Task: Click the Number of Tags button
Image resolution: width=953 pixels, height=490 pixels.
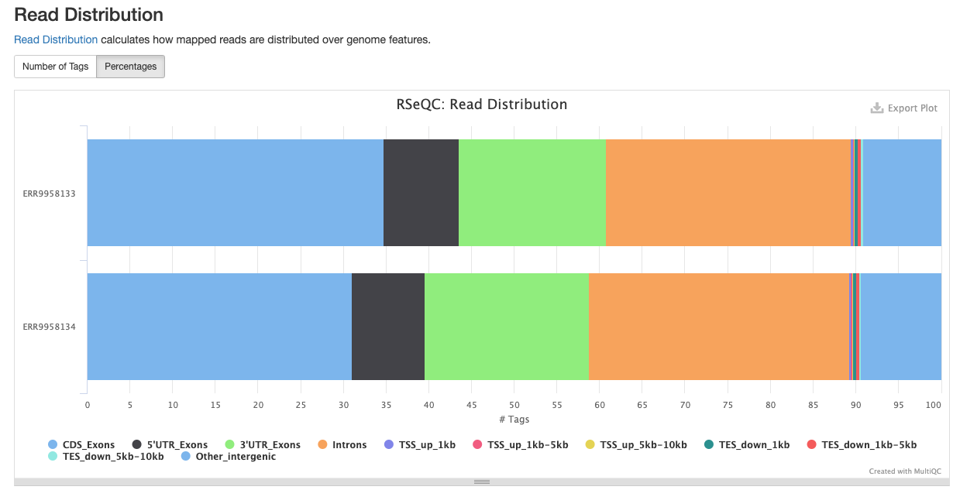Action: click(x=55, y=67)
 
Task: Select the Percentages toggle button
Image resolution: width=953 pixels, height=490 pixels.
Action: click(x=130, y=67)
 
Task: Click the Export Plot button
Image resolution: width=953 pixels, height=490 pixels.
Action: click(x=904, y=108)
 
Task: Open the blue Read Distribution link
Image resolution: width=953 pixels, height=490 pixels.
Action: click(x=56, y=39)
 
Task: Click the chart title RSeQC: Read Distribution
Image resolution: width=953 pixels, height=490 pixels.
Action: click(x=481, y=105)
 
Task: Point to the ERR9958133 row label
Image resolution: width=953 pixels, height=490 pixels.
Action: click(x=49, y=194)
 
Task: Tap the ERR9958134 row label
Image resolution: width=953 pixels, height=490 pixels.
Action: click(x=49, y=327)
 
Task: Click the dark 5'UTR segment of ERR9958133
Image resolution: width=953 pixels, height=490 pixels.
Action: click(x=421, y=193)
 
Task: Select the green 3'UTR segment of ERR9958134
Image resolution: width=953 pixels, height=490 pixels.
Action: click(x=506, y=326)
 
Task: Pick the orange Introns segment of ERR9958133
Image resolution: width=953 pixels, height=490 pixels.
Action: click(x=727, y=193)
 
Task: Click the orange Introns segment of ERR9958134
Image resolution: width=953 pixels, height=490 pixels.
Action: click(x=717, y=326)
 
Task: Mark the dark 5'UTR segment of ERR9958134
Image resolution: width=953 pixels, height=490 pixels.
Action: click(x=387, y=326)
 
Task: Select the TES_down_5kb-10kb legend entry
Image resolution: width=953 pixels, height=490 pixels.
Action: click(x=112, y=457)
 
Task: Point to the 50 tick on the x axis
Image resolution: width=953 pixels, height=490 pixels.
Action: click(x=514, y=405)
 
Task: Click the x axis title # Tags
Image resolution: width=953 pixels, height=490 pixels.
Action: click(x=514, y=420)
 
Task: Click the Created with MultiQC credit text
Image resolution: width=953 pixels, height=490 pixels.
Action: click(x=903, y=471)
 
